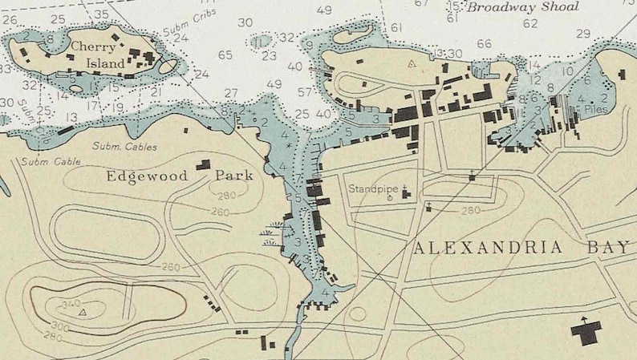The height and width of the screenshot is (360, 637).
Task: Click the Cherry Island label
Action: [x=98, y=55]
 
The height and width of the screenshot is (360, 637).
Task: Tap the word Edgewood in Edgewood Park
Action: [x=147, y=175]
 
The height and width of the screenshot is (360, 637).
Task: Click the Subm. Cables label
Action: [x=124, y=147]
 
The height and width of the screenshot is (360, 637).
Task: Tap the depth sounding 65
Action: [x=225, y=55]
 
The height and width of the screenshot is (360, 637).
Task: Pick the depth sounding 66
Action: [x=484, y=44]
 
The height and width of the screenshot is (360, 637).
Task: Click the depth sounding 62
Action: [x=530, y=23]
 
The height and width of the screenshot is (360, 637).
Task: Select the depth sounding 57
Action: [x=305, y=92]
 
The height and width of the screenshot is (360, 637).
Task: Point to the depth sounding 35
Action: [x=101, y=14]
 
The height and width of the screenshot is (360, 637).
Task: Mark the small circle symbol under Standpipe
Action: [x=391, y=197]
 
